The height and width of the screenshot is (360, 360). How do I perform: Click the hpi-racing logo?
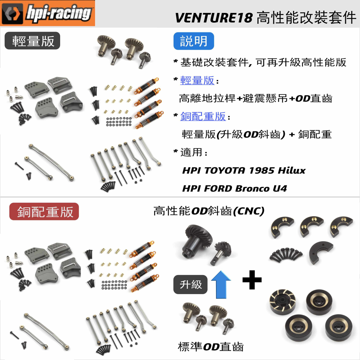pyautogui.click(x=48, y=13)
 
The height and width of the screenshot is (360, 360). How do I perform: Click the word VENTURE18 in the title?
pyautogui.click(x=213, y=18)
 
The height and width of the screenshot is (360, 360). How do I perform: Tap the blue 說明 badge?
pyautogui.click(x=194, y=41)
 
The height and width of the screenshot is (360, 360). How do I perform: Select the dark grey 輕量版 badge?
pyautogui.click(x=32, y=41)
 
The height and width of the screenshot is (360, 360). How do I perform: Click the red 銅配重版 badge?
pyautogui.click(x=44, y=211)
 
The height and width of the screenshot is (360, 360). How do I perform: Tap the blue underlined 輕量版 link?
pyautogui.click(x=197, y=80)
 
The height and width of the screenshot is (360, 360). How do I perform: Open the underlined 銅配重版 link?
pyautogui.click(x=203, y=116)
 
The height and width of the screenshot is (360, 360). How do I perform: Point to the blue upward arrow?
pyautogui.click(x=221, y=284)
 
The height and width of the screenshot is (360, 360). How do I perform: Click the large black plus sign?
pyautogui.click(x=252, y=280)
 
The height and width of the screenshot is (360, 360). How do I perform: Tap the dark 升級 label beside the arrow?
pyautogui.click(x=190, y=284)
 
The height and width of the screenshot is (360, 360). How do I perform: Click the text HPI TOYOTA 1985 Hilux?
pyautogui.click(x=244, y=171)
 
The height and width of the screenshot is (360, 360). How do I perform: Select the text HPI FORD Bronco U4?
pyautogui.click(x=234, y=189)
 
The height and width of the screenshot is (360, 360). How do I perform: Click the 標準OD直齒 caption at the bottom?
pyautogui.click(x=211, y=347)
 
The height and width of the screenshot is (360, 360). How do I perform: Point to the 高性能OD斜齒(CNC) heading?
pyautogui.click(x=209, y=211)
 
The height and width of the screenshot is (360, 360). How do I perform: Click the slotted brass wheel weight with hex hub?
pyautogui.click(x=282, y=302)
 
